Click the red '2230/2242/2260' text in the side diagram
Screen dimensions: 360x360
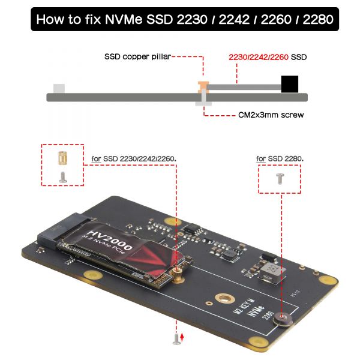(259, 58)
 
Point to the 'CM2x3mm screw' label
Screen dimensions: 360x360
(267, 114)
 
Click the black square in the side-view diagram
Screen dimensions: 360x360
(290, 83)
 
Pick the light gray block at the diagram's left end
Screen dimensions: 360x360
(59, 88)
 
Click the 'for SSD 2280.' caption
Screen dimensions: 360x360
(280, 159)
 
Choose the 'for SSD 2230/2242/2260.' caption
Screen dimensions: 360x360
(133, 160)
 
